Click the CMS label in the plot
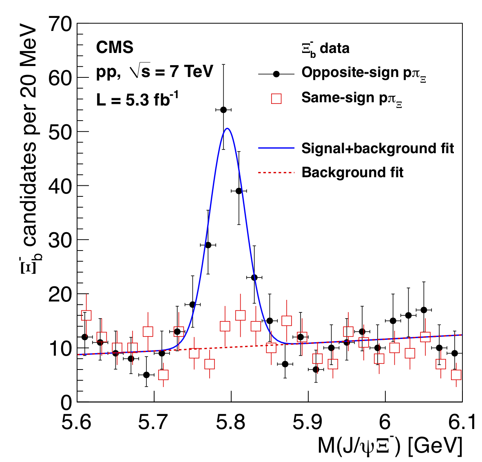115,48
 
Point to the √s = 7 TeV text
171,72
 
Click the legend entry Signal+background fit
377,148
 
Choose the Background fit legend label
352,172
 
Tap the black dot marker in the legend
276,74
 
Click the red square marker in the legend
276,99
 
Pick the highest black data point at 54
223,110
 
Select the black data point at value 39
239,191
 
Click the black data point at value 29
208,245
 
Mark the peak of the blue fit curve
228,128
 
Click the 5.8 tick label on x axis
231,422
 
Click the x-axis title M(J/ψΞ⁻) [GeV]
390,447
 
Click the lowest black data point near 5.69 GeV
146,375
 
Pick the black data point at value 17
424,310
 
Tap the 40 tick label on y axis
60,186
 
